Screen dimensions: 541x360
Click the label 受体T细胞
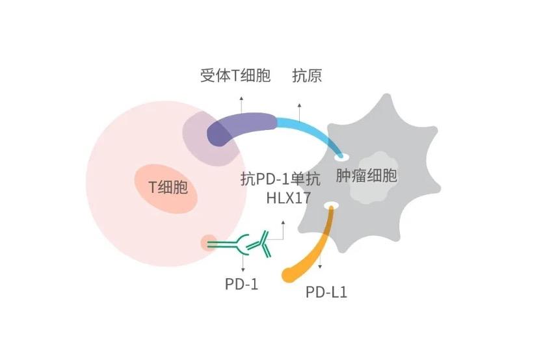tap(235, 76)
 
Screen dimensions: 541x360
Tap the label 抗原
tap(307, 76)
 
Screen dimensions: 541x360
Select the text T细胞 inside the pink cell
tap(168, 187)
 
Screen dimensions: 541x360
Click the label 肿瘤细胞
tap(367, 175)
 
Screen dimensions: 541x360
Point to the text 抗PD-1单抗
tap(280, 179)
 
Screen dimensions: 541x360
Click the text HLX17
tap(289, 198)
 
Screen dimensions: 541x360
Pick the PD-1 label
tap(241, 285)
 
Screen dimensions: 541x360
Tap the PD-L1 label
tap(326, 292)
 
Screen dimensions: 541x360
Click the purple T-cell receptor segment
tap(241, 125)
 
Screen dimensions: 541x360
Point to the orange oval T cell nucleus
tap(166, 188)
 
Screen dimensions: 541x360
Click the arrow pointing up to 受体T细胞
tap(241, 105)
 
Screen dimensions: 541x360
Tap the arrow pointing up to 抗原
tap(300, 112)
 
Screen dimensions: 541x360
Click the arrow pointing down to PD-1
tap(243, 263)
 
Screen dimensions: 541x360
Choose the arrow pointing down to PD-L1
tap(320, 261)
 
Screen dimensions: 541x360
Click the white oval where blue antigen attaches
tap(341, 157)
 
